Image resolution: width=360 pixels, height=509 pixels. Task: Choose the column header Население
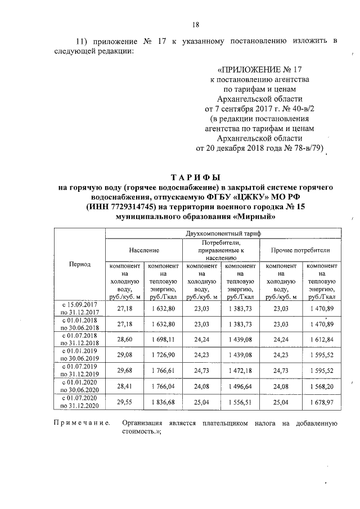point(143,249)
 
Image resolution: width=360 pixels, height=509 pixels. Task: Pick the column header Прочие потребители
point(300,249)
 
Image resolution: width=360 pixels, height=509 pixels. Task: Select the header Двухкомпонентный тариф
point(221,233)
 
